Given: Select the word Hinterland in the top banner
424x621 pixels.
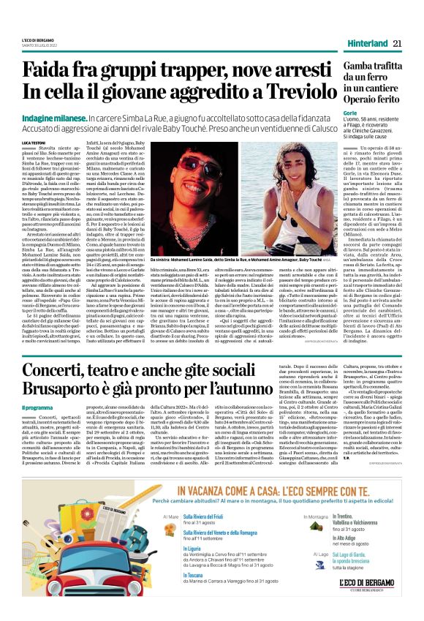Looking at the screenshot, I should click(367, 43).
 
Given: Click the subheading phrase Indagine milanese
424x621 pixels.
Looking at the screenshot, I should click(70, 118).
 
